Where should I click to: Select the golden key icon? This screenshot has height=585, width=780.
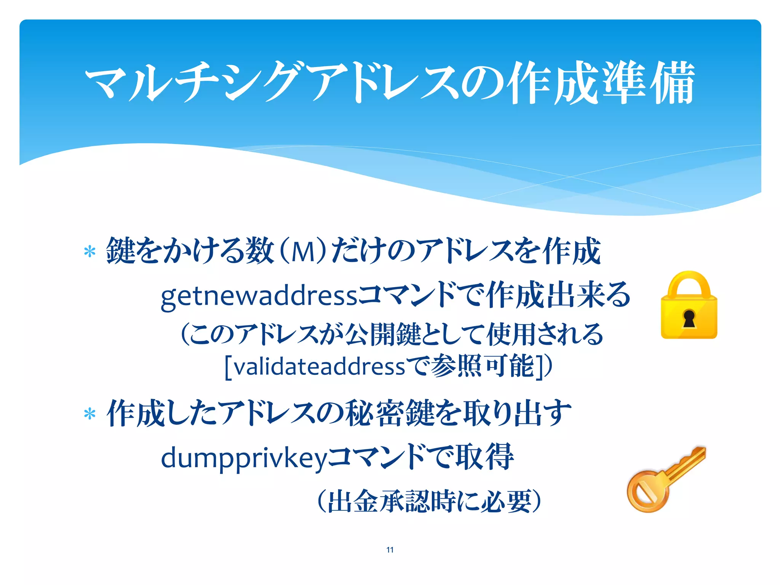point(665,479)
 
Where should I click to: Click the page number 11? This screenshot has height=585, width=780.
point(390,550)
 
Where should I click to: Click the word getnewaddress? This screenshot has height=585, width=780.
point(259,296)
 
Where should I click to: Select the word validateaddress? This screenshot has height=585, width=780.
point(319,367)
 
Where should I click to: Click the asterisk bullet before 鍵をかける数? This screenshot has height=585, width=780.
point(90,252)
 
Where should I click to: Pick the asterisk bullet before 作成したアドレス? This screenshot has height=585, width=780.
point(90,414)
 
